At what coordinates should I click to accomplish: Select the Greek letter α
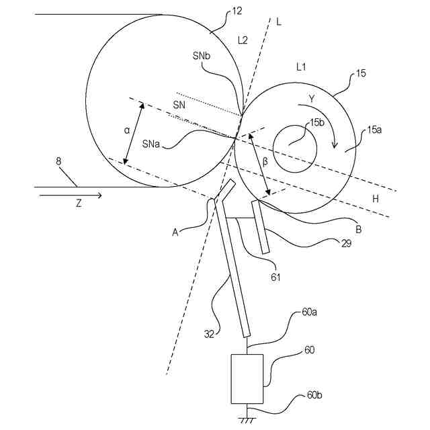pos(126,131)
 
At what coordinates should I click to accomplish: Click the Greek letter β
pos(265,162)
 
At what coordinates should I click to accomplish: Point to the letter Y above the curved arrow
pos(311,98)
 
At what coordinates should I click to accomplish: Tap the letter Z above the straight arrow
pos(78,204)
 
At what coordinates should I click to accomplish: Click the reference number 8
pos(59,161)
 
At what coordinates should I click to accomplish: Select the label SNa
pos(151,142)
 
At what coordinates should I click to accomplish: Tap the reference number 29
pos(346,243)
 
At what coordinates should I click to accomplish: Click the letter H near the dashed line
pos(376,199)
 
